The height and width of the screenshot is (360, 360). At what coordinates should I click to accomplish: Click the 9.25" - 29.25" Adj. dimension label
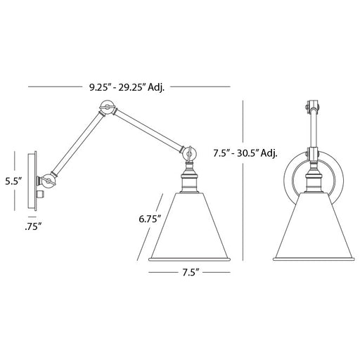pos(127,88)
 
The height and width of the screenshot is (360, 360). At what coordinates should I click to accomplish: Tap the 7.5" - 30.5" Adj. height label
pos(245,153)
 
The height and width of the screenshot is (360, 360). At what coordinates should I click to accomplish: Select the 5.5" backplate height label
pos(13,181)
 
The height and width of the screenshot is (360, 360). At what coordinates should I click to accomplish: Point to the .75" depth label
pos(33,226)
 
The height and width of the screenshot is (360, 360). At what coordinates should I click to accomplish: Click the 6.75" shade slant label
pos(150,219)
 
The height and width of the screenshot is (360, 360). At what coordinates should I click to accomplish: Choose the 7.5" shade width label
pos(191,272)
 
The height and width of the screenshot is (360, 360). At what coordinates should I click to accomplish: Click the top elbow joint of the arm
pos(107,108)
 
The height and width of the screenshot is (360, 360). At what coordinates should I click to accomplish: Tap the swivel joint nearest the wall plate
pos(48,181)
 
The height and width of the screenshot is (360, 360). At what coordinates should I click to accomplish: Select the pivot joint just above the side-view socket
pos(190,154)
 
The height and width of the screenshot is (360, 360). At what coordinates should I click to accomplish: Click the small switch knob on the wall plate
pos(41,194)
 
